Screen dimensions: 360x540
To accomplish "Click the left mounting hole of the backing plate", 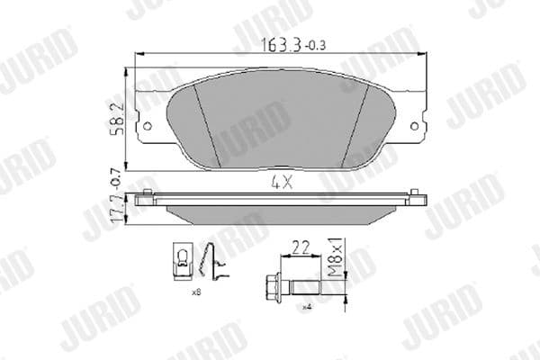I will [x=144, y=126].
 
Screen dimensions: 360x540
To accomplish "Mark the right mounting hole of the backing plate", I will [x=415, y=126].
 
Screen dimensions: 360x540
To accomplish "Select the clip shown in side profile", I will [x=212, y=262].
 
